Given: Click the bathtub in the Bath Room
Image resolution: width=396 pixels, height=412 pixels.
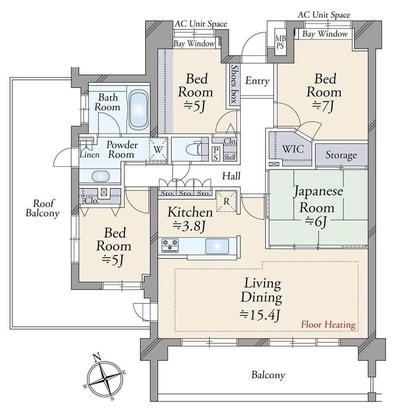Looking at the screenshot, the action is coord(139,110).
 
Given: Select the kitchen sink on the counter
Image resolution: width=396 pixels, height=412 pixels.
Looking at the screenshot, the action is coord(217,246).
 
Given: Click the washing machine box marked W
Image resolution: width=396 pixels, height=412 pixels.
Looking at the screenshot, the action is coord(158,149).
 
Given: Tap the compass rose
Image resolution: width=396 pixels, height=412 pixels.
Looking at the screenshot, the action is coord(105,378).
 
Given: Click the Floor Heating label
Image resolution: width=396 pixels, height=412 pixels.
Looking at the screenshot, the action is coord(328,325).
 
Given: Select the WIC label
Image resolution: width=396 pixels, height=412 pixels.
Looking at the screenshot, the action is coord(293,149).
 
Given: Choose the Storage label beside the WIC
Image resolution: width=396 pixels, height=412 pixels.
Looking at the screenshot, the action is coord(341,155).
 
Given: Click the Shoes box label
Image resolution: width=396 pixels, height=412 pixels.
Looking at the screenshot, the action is coord(234,84).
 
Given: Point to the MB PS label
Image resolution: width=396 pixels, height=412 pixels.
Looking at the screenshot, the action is coord(280,42).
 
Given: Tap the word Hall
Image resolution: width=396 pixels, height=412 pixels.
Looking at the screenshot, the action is coord(231,176).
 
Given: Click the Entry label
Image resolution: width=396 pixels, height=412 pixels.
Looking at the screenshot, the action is coord(257,81).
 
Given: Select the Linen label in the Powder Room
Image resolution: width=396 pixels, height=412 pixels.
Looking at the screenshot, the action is coord(90,155).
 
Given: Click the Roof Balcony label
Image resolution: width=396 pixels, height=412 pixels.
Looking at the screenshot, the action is coord(42,208).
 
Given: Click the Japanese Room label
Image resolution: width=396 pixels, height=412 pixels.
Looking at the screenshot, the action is coord(318,199).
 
